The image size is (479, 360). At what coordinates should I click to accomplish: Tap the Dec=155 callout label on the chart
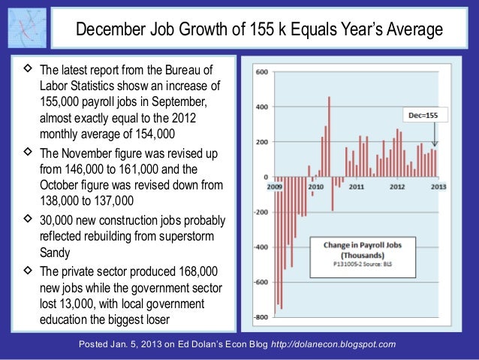tap(419, 116)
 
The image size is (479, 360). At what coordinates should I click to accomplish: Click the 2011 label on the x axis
tap(357, 185)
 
